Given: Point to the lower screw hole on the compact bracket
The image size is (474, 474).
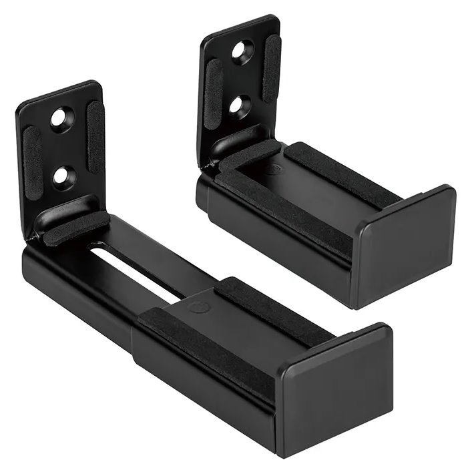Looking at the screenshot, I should pyautogui.click(x=237, y=103).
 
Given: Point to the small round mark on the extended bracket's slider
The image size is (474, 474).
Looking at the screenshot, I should pyautogui.click(x=198, y=307).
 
